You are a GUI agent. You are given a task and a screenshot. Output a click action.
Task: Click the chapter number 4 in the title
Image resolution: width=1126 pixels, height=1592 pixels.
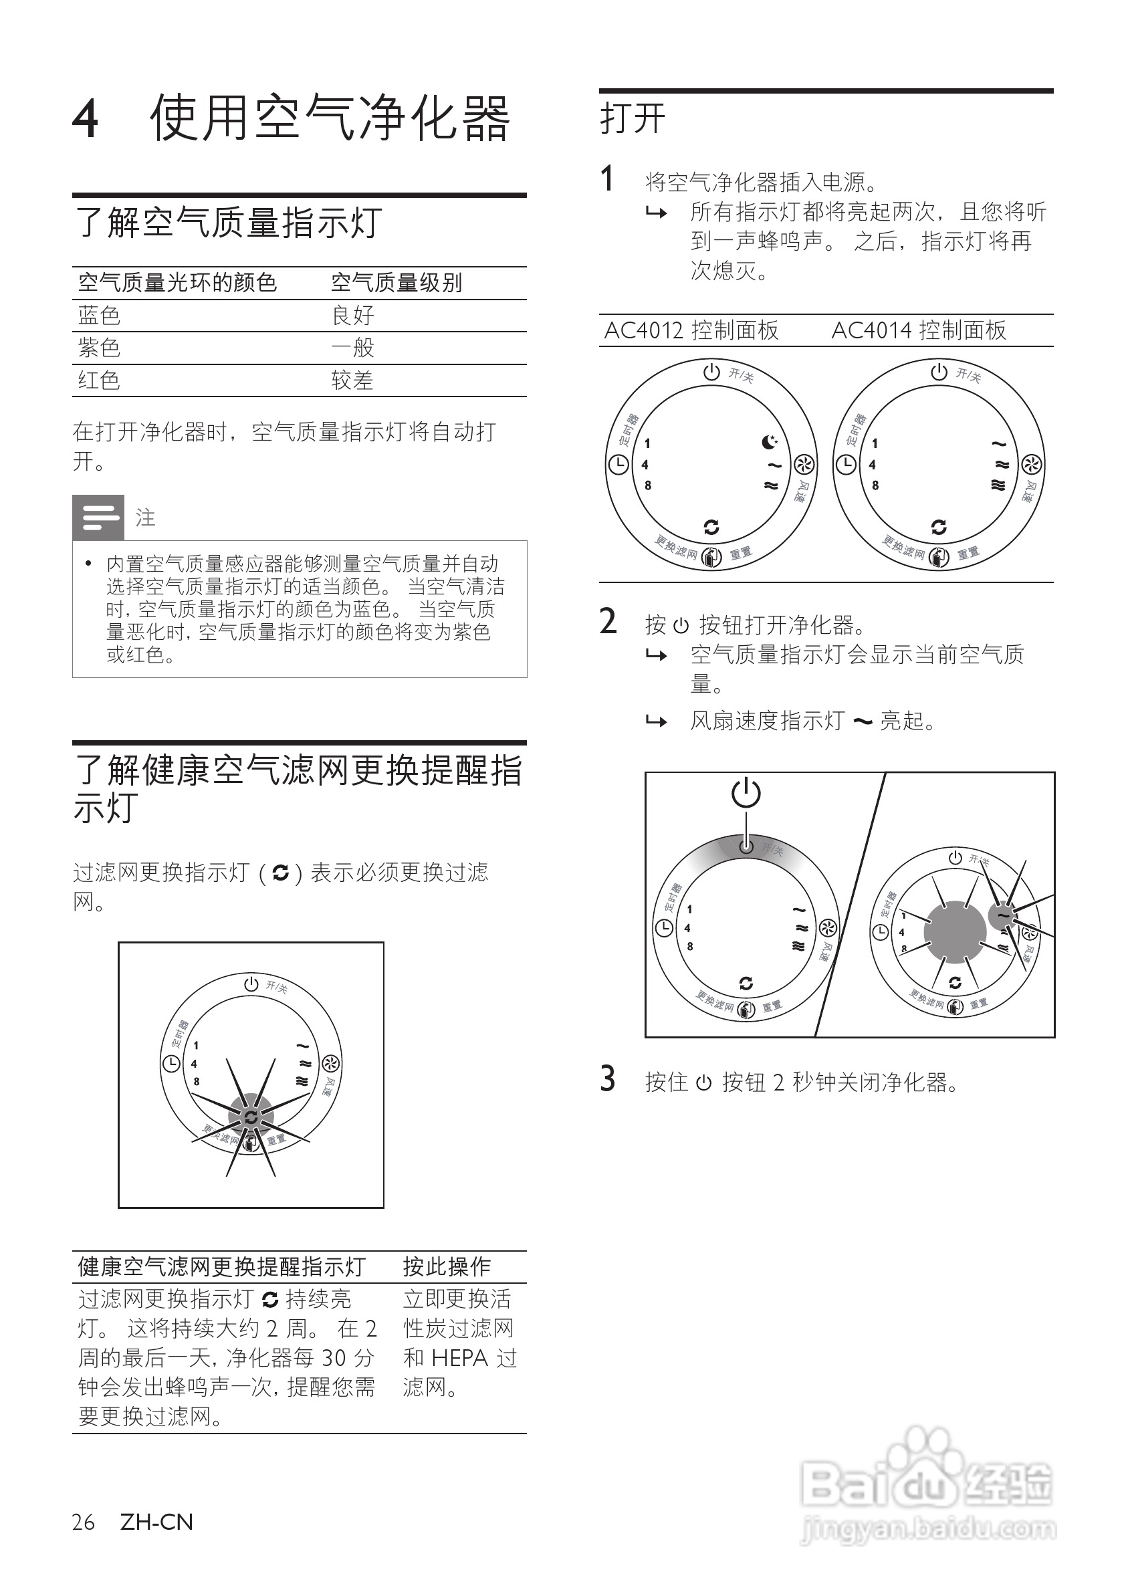(x=86, y=119)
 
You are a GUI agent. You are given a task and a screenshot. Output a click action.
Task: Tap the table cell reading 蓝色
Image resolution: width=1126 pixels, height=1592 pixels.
(x=99, y=316)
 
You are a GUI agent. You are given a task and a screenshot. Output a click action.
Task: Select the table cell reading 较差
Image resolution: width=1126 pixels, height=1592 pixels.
(x=352, y=380)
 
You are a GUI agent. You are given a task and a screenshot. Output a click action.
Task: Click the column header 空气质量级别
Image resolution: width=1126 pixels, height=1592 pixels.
(x=396, y=283)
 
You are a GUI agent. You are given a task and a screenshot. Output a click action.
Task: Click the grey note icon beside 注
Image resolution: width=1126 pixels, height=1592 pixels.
(x=98, y=518)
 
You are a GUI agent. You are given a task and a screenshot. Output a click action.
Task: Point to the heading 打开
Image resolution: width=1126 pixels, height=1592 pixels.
(x=633, y=118)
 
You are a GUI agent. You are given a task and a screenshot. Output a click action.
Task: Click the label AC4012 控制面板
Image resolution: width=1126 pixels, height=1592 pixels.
(x=691, y=331)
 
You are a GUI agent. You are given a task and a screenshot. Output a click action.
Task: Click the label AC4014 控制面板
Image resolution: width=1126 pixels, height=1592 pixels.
(x=918, y=331)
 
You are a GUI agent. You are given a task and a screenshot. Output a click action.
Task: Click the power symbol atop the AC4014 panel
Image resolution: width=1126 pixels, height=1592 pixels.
(x=939, y=372)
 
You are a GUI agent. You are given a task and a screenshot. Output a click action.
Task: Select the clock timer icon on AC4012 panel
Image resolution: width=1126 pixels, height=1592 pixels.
(x=618, y=465)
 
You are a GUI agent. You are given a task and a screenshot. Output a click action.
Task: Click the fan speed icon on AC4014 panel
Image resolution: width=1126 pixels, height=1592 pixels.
(x=1032, y=465)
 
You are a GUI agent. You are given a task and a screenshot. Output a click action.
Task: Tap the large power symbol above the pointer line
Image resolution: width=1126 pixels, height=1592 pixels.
(x=746, y=792)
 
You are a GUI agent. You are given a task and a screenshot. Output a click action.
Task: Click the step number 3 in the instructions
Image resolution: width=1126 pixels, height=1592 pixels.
(x=607, y=1081)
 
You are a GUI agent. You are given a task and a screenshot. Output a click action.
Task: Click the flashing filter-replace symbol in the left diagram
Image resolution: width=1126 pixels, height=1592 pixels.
(x=251, y=1117)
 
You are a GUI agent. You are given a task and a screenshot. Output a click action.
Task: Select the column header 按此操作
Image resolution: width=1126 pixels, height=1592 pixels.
(x=447, y=1266)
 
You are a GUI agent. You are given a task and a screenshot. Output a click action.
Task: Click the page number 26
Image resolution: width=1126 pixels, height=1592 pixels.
(x=83, y=1522)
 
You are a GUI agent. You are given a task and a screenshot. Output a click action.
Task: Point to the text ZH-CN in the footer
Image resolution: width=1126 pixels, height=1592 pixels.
(x=156, y=1522)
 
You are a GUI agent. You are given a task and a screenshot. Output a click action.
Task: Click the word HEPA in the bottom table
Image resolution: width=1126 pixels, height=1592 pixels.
(x=459, y=1357)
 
